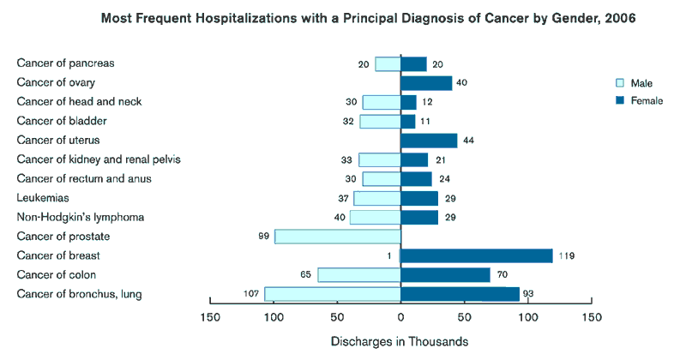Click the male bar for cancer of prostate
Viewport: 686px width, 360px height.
point(338,237)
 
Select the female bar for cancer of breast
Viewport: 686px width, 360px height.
point(477,255)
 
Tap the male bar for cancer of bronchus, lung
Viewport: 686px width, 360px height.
point(333,294)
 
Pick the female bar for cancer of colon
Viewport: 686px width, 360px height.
point(445,275)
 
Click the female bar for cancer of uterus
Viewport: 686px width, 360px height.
point(429,141)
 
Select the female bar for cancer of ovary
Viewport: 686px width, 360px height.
point(426,83)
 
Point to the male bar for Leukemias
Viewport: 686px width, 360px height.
point(377,198)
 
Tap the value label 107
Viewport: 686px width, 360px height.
point(250,294)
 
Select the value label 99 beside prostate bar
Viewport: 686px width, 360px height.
point(263,237)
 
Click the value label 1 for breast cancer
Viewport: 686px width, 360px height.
point(388,255)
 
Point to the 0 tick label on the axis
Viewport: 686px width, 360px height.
point(400,318)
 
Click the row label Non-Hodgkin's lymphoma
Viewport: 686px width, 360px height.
point(75,217)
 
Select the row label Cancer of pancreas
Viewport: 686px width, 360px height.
point(66,63)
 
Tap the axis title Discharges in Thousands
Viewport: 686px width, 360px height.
point(400,341)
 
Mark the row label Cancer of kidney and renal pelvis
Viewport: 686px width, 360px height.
point(99,159)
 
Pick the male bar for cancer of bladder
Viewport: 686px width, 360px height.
point(380,122)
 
